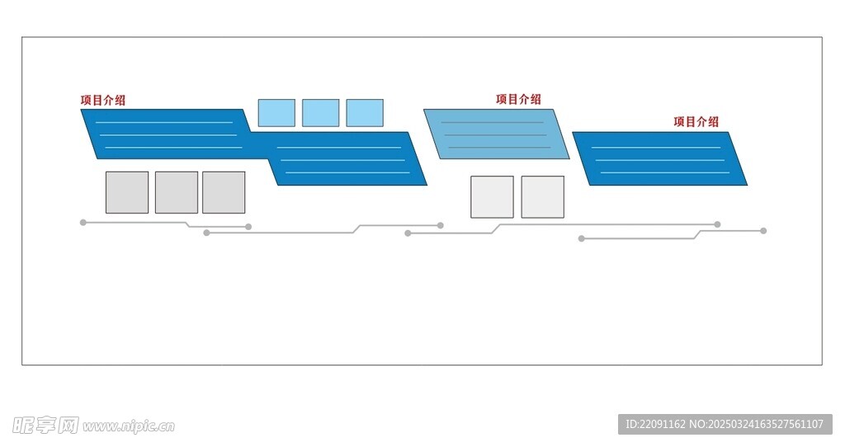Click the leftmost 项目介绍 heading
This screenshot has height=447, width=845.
click(103, 100)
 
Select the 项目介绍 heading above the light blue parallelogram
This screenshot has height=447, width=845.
click(518, 99)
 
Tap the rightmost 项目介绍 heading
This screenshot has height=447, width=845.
click(696, 122)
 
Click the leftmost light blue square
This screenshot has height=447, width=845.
click(276, 113)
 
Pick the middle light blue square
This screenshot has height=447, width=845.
click(321, 113)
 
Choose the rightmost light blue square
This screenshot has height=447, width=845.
click(365, 113)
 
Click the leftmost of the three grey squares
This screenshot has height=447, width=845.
click(127, 192)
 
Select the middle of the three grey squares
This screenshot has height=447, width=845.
click(177, 192)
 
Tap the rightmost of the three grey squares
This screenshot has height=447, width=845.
click(224, 192)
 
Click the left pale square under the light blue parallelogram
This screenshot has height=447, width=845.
click(492, 197)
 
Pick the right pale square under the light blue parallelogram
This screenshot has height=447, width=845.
click(543, 197)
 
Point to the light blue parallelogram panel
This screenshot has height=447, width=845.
click(496, 134)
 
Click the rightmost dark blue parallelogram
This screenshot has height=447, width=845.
click(659, 158)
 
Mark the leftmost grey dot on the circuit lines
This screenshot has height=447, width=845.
click(83, 223)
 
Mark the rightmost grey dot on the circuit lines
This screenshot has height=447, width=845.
click(763, 231)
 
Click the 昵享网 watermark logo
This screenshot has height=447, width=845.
click(45, 426)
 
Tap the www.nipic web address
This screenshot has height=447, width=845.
click(129, 427)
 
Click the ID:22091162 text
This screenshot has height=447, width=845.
click(655, 425)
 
